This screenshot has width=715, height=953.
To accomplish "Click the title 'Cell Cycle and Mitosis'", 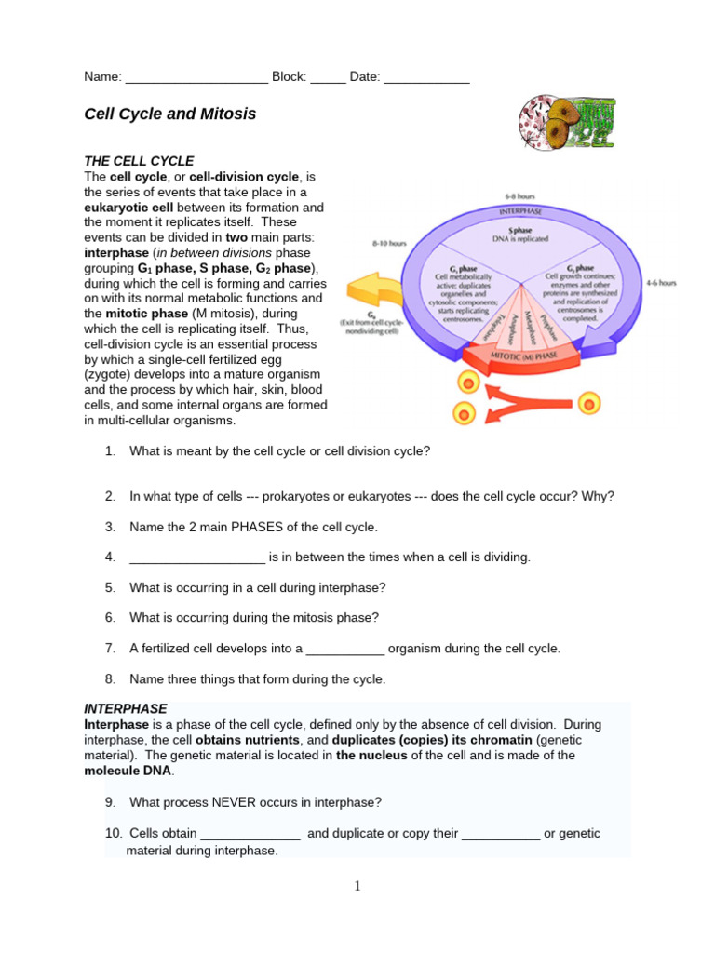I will coord(169,114).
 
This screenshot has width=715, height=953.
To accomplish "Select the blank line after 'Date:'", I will coord(426,78).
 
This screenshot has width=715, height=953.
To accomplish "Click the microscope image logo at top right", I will coord(567,122).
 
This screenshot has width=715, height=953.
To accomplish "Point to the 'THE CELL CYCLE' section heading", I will coord(139,161).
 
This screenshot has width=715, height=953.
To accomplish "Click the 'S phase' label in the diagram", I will coord(521,230).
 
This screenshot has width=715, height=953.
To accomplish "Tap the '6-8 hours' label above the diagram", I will coord(519,197).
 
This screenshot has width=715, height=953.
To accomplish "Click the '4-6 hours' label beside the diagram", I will coord(661,282).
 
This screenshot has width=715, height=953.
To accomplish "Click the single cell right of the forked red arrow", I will coord(588,403).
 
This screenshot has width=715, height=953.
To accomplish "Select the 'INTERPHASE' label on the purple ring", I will coord(520,211).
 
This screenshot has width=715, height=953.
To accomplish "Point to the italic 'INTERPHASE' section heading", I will coord(126,708).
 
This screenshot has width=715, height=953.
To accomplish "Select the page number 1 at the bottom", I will coord(357,886).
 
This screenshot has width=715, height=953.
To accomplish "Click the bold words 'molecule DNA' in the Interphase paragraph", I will coord(128,772).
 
